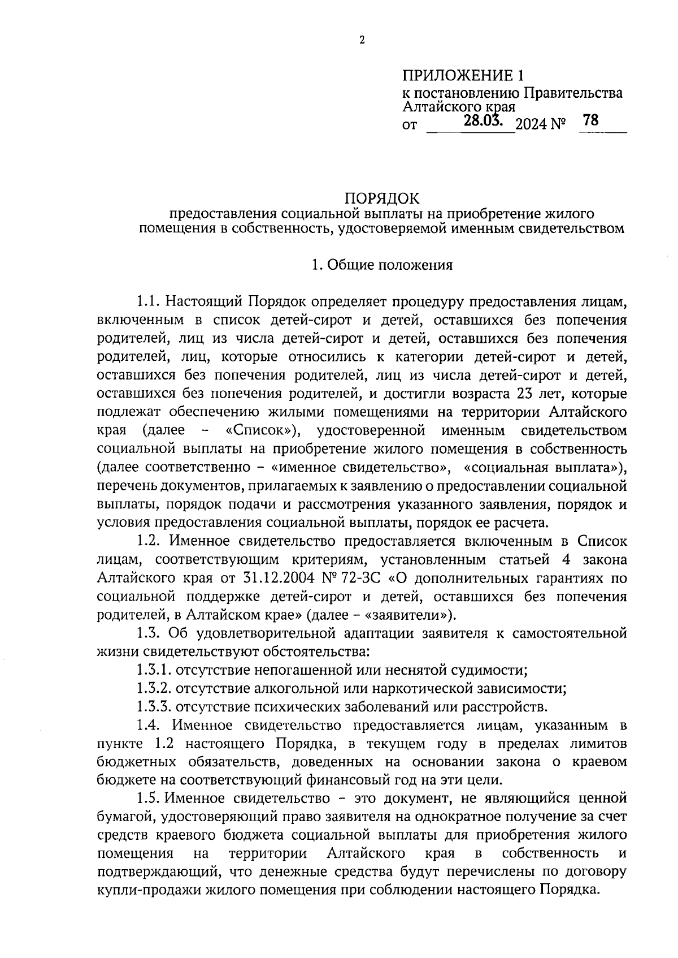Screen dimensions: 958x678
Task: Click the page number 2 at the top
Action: [362, 40]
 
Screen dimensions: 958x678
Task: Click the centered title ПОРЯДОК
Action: [383, 198]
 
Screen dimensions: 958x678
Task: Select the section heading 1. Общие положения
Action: [383, 265]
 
